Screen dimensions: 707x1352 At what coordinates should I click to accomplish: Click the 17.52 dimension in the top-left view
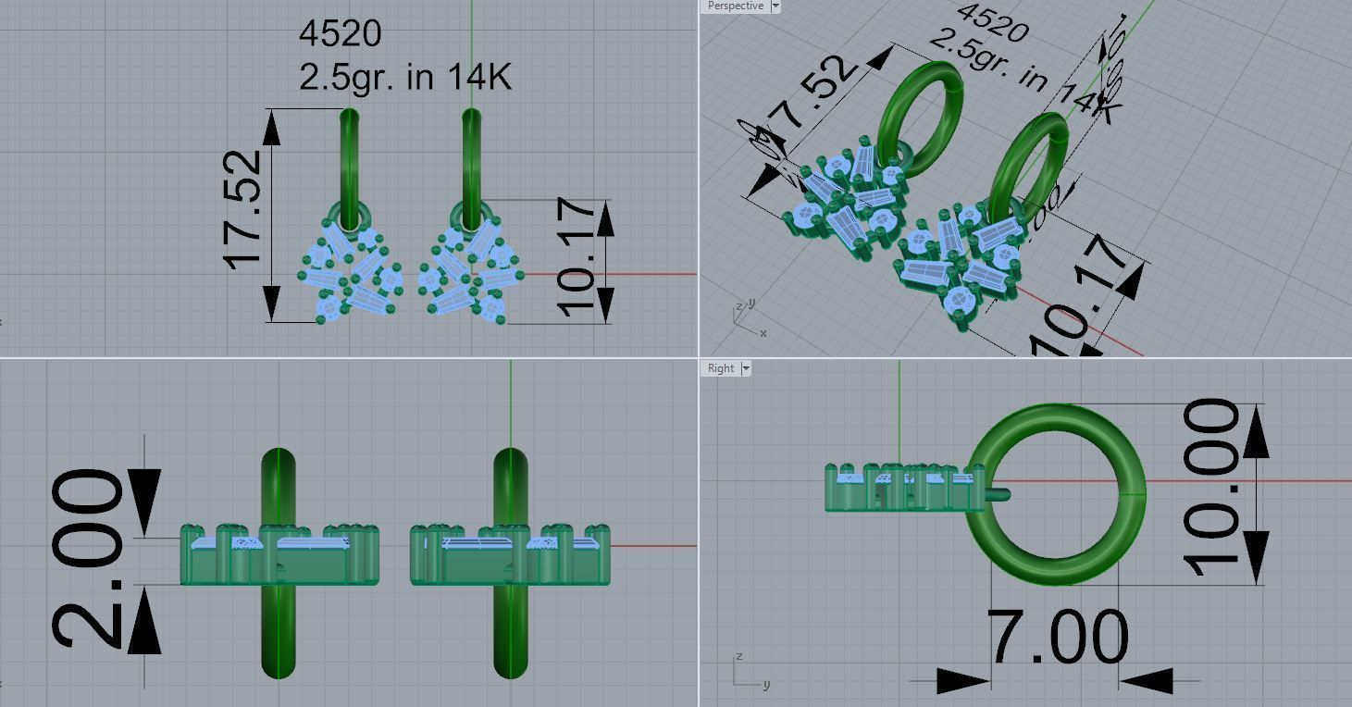coord(242,211)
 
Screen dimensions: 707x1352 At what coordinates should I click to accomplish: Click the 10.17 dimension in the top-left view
coord(578,258)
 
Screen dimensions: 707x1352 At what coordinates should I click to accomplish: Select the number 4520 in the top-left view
coord(340,34)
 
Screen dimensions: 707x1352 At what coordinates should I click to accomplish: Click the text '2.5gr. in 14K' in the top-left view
coord(405,77)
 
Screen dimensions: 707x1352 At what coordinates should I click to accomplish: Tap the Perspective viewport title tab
coord(735,6)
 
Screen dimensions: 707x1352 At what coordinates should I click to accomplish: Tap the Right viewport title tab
coord(720,368)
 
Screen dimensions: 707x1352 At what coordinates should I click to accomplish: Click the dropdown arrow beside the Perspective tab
coord(775,6)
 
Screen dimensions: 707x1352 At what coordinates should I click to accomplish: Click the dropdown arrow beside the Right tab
coord(746,368)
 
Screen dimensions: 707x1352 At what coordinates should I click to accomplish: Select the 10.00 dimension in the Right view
coord(1213,488)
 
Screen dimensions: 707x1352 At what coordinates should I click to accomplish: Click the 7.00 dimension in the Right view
coord(1059,638)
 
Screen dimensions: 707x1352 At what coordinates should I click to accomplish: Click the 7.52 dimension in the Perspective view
coord(814,93)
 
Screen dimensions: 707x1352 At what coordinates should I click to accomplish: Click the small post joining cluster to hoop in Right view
coord(998,494)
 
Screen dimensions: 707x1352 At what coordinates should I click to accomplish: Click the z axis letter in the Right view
coord(738,657)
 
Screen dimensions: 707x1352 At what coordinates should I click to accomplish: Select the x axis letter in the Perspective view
coord(763,332)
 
